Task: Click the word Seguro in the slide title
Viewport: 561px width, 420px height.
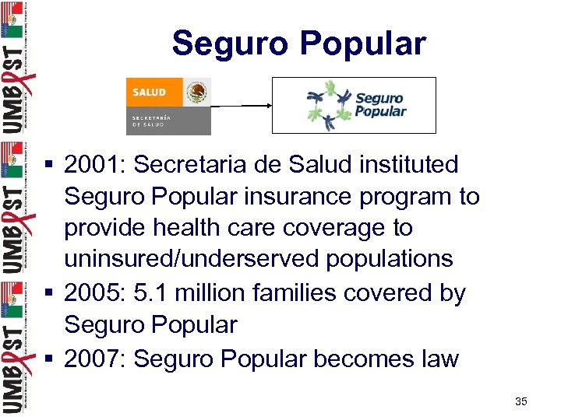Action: (x=230, y=43)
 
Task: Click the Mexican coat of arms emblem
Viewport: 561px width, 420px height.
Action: (x=197, y=95)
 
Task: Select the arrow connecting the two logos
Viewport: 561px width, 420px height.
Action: (x=241, y=106)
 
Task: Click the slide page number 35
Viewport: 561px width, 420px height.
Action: (x=521, y=401)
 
